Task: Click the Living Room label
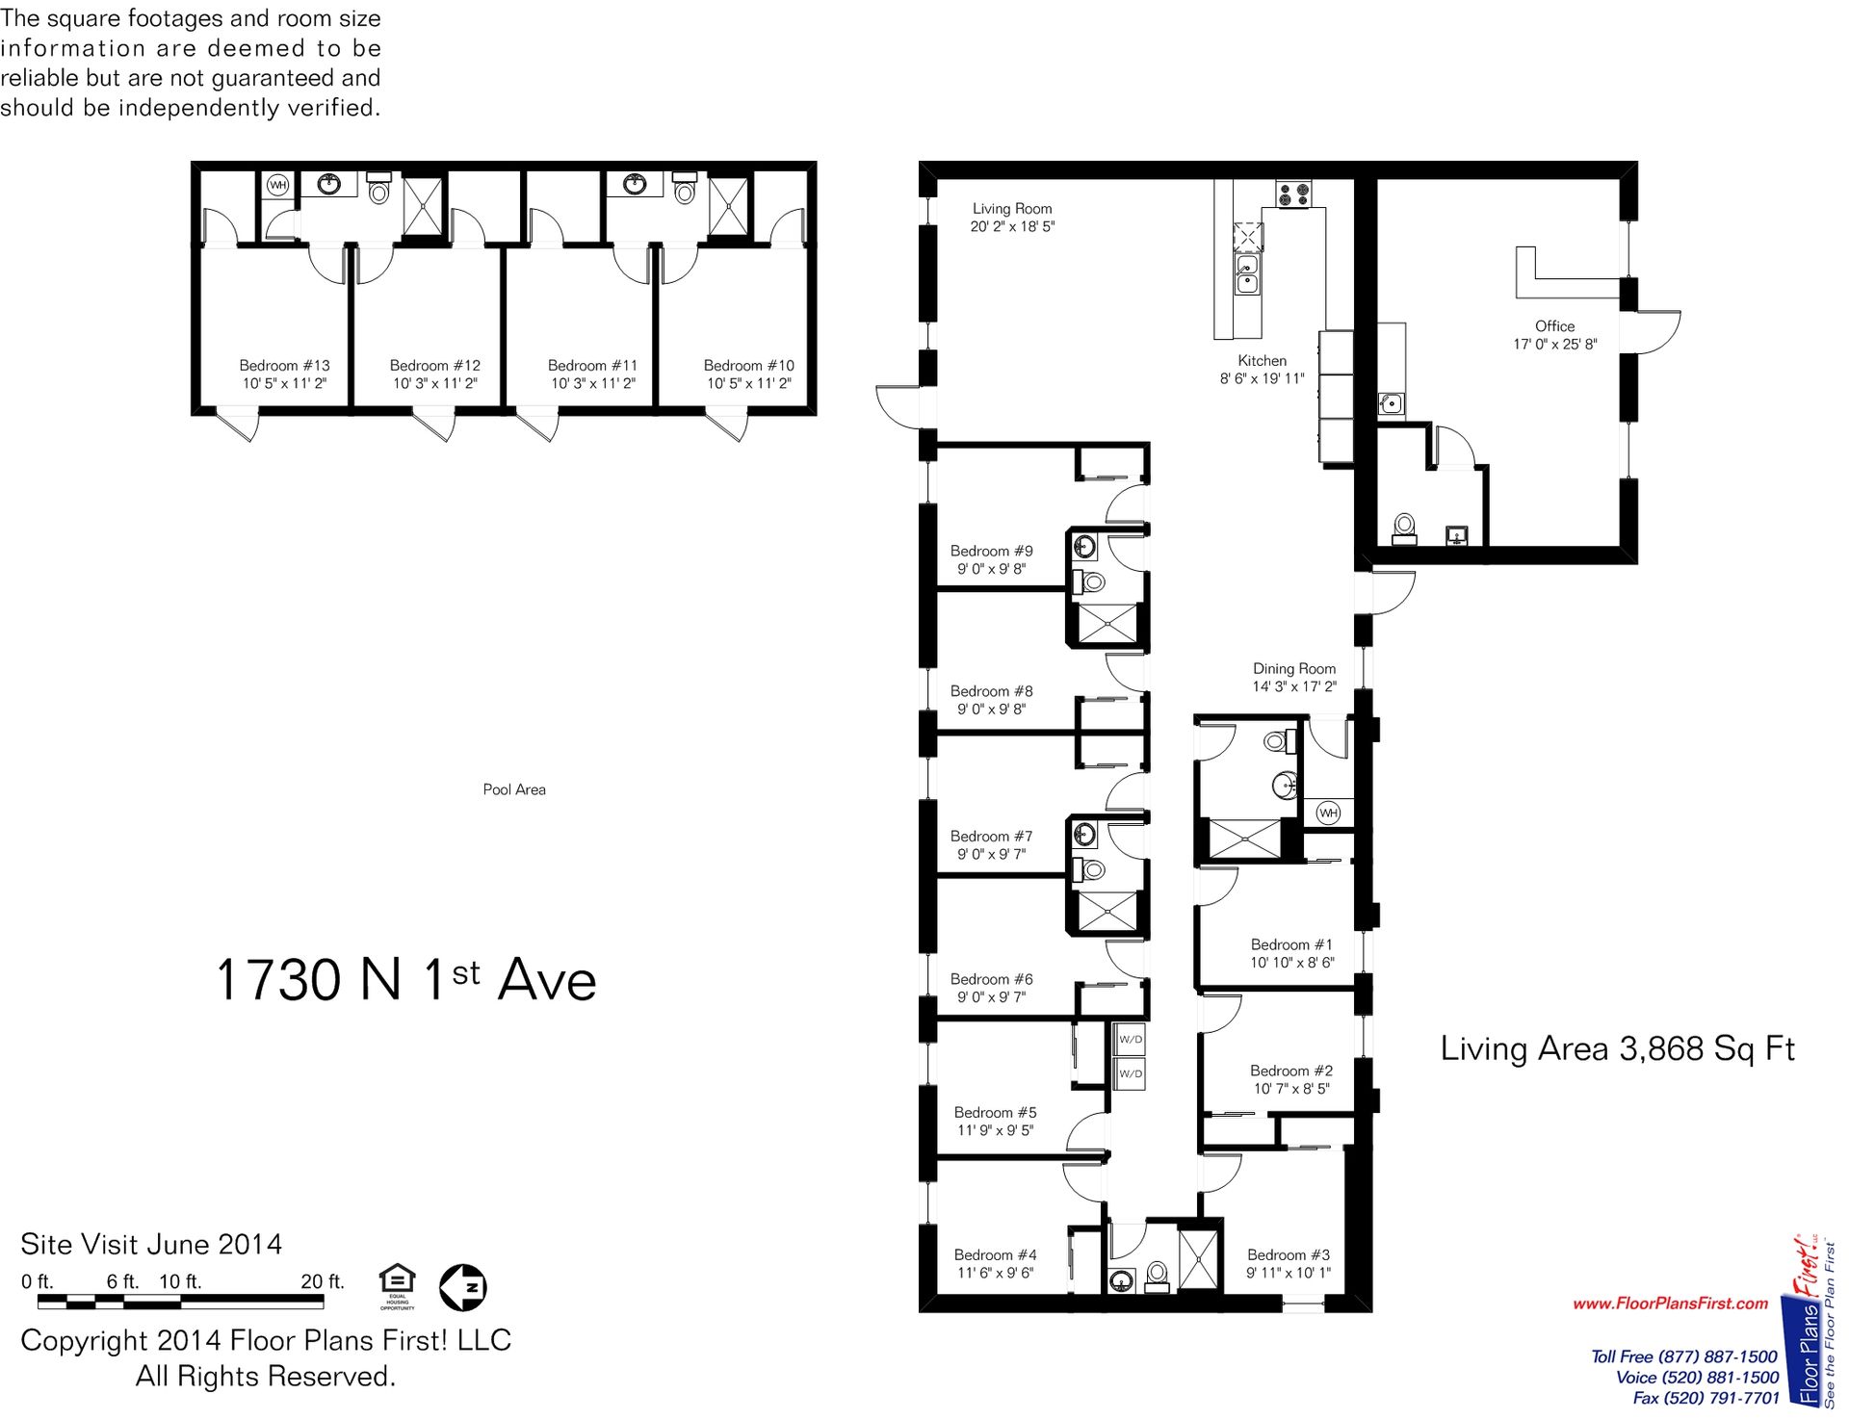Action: [x=1011, y=208]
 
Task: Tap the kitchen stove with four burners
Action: [x=1292, y=194]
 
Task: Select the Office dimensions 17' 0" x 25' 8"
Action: [x=1554, y=345]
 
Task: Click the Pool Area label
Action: [x=513, y=789]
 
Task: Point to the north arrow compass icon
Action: [x=462, y=1287]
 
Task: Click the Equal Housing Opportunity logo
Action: [x=397, y=1286]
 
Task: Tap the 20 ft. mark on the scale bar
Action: [x=322, y=1281]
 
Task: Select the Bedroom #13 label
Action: [x=284, y=366]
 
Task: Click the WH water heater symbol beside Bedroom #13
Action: [x=277, y=185]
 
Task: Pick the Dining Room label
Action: [x=1293, y=668]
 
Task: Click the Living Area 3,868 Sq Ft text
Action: [x=1617, y=1048]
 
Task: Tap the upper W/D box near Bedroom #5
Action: [x=1131, y=1040]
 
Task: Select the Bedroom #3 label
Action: [x=1288, y=1254]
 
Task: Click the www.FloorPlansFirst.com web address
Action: [x=1670, y=1304]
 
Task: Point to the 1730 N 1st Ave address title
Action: [x=405, y=980]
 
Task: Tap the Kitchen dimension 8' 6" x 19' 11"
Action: [x=1262, y=379]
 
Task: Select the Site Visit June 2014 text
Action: [x=151, y=1244]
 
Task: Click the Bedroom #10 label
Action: [x=748, y=366]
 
